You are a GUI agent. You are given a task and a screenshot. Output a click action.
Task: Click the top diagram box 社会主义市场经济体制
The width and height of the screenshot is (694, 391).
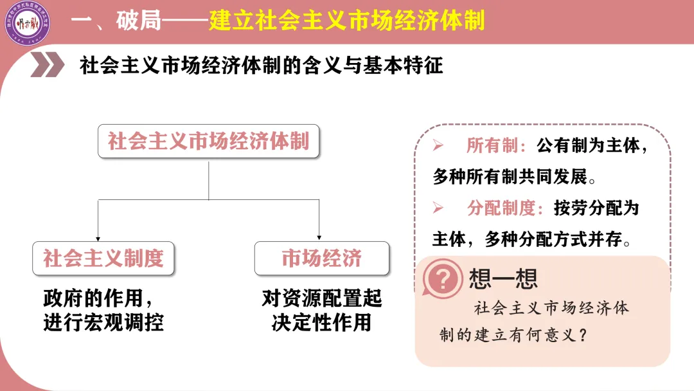coord(208,141)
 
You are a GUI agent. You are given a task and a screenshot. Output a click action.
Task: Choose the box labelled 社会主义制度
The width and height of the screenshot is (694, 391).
coord(103,259)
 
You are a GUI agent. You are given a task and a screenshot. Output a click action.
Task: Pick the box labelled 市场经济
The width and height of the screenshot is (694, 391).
coord(322,259)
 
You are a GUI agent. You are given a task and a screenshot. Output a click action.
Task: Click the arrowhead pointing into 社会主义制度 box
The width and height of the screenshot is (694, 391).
coord(98,237)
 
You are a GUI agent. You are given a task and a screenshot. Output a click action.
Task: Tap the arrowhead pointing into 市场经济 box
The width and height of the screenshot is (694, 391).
coord(319,237)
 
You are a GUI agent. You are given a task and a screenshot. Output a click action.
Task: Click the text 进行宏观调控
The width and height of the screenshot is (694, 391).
coord(103,322)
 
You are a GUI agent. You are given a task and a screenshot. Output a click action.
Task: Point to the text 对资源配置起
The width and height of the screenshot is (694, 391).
coord(322,298)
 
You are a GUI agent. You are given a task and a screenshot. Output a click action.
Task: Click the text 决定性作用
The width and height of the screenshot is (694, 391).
coord(322,322)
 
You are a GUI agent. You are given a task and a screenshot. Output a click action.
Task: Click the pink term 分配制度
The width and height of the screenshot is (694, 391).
coord(501,208)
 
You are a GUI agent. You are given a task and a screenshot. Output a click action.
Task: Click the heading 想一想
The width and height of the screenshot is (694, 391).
coord(503,278)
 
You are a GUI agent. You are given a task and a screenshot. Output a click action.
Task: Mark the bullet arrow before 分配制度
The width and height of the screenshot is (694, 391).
coord(439,208)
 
